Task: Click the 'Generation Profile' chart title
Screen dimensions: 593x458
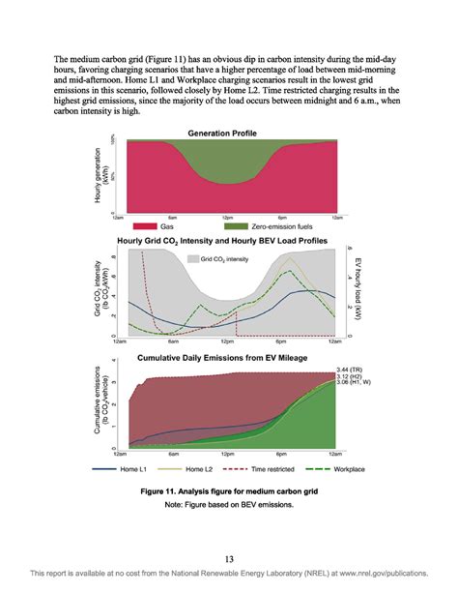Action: pyautogui.click(x=227, y=132)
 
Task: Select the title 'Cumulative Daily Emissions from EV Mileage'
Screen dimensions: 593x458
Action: pyautogui.click(x=227, y=358)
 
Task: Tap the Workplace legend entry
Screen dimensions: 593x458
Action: pyautogui.click(x=343, y=468)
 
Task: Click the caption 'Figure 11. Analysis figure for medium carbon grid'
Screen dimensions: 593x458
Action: pyautogui.click(x=228, y=491)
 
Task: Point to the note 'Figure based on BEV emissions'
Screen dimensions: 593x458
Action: pyautogui.click(x=228, y=504)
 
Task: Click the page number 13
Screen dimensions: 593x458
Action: pyautogui.click(x=229, y=558)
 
